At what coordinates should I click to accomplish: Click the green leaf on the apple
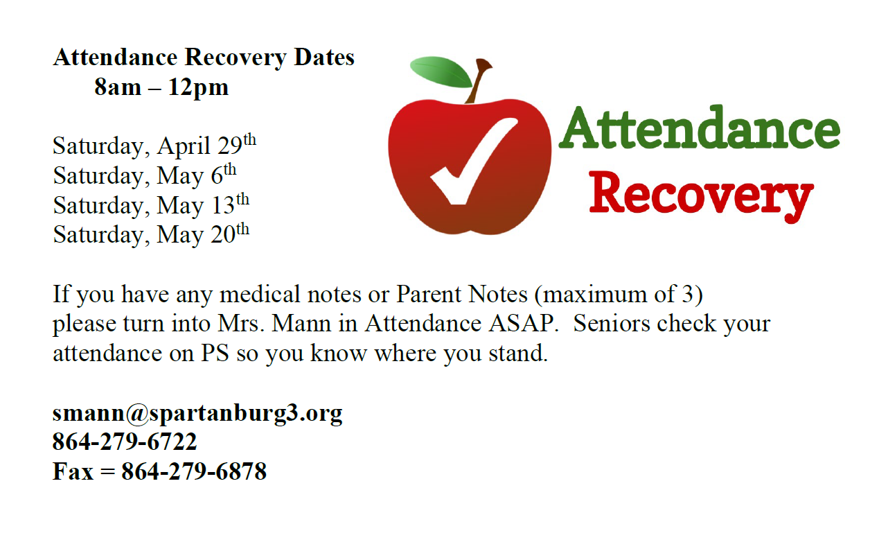coord(441,72)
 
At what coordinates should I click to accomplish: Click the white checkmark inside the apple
coord(474,161)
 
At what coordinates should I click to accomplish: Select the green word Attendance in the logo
coord(700,128)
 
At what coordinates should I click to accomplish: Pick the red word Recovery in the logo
coord(701,196)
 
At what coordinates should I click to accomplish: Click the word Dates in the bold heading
coord(324,58)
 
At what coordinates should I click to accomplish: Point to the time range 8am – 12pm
coord(161,87)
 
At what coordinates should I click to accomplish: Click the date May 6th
coord(197,175)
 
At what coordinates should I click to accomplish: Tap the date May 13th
coord(203,204)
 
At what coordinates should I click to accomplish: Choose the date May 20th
coord(203,234)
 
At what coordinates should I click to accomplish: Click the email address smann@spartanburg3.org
coord(197,414)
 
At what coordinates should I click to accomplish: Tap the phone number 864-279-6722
coord(125,442)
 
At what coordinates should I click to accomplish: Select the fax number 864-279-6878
coord(194,471)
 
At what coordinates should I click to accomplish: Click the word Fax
coord(73,471)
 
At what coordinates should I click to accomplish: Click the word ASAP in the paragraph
coord(524,324)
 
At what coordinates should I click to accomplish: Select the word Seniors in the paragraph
coord(612,324)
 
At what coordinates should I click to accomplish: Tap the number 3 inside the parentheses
coord(688,294)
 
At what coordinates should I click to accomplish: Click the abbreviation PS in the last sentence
coord(215,354)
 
